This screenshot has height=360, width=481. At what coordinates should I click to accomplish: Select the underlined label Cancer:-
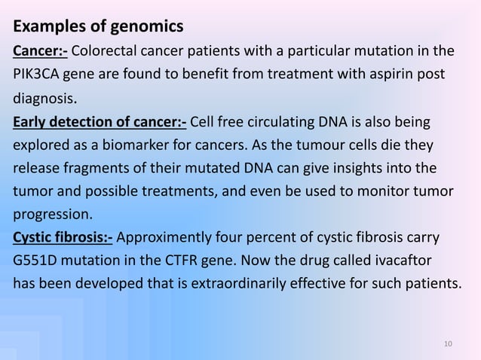click(x=39, y=52)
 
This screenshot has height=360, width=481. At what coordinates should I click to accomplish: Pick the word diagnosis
click(x=44, y=99)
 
